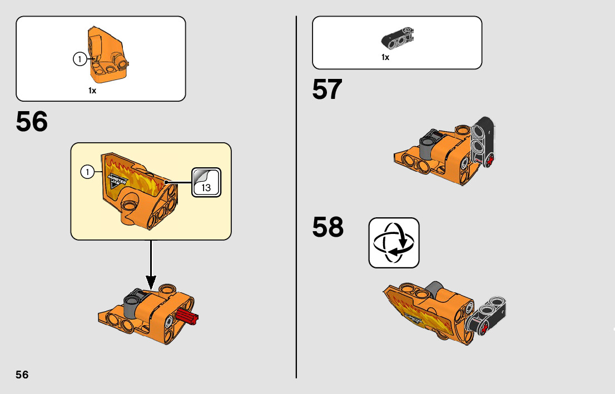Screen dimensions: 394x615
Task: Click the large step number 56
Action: (x=32, y=122)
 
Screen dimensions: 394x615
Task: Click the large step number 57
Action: (x=327, y=89)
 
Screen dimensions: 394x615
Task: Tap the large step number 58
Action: (x=328, y=227)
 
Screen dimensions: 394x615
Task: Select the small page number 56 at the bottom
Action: (x=22, y=375)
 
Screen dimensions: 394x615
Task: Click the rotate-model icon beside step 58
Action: (x=394, y=243)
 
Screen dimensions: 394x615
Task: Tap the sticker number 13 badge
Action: (x=206, y=182)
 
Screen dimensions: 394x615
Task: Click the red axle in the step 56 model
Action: (x=187, y=319)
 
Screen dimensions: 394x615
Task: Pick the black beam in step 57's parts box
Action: (x=397, y=37)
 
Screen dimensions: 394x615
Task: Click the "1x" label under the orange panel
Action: (x=92, y=91)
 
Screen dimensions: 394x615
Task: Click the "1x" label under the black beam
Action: (x=385, y=57)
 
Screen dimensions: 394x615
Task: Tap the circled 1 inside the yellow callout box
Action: (x=87, y=172)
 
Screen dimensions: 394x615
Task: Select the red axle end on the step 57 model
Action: (x=490, y=162)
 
